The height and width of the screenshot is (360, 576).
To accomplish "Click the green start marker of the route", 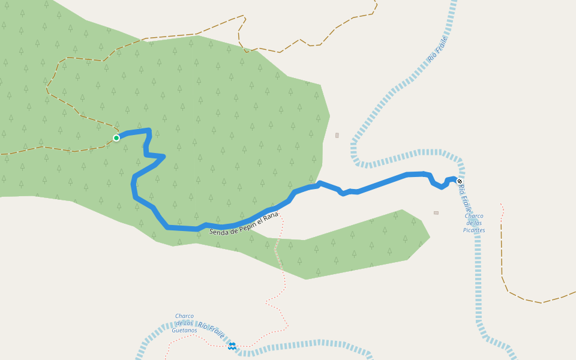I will (116, 138).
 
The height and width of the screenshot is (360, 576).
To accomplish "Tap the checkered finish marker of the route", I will (460, 181).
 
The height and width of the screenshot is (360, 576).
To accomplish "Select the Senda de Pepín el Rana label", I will (244, 223).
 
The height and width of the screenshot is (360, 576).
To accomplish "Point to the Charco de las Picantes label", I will (474, 223).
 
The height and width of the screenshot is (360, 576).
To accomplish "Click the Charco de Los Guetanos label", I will (184, 323).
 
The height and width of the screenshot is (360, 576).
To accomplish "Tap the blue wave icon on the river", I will (232, 346).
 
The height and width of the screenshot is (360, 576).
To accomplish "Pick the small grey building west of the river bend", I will (337, 136).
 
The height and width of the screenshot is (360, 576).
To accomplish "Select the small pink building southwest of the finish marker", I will (436, 212).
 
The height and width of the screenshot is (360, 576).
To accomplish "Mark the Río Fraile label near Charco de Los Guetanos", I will (211, 329).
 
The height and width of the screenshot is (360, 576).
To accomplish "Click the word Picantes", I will (474, 230).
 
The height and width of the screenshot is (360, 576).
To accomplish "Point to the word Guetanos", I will (184, 330).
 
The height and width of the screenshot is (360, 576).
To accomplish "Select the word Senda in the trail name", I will (218, 230).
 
